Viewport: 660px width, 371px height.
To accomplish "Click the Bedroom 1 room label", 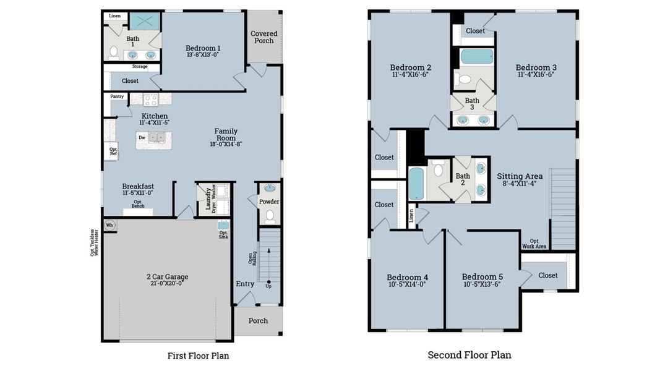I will coord(203,48).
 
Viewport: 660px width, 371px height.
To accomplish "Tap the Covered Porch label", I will coord(264,37).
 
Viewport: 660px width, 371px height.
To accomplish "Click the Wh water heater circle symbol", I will coord(110,225).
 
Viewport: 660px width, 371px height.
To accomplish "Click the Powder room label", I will coord(269,202).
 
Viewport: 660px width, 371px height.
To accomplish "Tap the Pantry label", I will coord(117,96).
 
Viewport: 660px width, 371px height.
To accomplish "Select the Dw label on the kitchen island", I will coord(142,138).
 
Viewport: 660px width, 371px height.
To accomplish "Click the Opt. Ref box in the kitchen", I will coord(113,151).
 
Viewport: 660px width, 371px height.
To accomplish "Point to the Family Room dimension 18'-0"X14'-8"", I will coord(226,144).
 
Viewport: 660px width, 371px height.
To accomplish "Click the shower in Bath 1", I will coord(145,22).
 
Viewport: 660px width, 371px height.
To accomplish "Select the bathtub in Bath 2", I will coord(416,184).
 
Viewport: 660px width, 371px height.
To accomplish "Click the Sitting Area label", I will coord(520,176).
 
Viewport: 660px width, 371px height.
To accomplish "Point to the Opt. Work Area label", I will coord(534,244).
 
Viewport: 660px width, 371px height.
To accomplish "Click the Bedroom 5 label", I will coord(482,276).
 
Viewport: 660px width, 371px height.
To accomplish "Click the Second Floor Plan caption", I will coord(469,355).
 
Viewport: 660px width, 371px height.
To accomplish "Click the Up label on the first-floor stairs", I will coord(268,286).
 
